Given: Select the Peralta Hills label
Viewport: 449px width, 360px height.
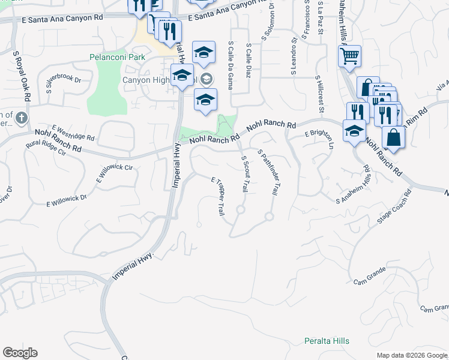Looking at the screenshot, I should (x=326, y=341).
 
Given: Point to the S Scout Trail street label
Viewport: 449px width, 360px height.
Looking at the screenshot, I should (x=245, y=174).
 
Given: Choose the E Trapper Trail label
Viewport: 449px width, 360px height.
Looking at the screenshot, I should (x=218, y=196).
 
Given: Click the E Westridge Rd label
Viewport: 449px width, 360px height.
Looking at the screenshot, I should (x=73, y=132).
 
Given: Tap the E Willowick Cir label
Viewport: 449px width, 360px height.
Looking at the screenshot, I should (x=114, y=172).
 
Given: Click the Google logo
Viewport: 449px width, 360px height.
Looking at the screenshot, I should (x=20, y=353).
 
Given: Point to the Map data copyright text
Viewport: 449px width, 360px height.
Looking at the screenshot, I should (x=412, y=355).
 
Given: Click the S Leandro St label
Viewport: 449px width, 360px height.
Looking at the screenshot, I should (x=294, y=57).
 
